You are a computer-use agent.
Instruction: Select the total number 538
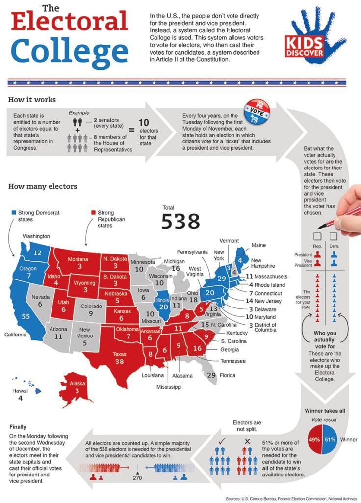click(180, 222)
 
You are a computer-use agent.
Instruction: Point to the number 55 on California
click(26, 316)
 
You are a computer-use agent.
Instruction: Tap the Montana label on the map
click(78, 259)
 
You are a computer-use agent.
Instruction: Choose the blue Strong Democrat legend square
click(14, 213)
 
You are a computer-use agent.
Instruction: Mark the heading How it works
click(32, 100)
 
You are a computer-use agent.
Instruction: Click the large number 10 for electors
click(143, 122)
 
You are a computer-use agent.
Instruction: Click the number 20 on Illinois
click(163, 307)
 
